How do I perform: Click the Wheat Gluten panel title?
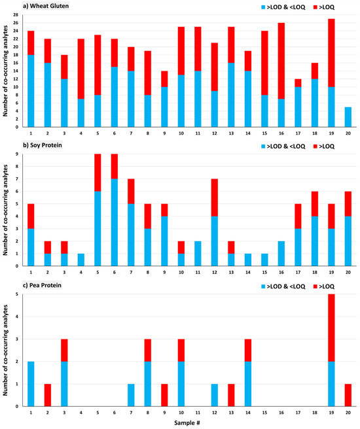46,6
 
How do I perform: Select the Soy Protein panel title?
43,145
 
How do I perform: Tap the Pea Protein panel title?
42,285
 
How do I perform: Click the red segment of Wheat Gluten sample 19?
331,53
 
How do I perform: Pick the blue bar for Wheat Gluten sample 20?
348,117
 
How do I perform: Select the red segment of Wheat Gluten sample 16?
281,61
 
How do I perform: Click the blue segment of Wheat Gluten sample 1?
31,91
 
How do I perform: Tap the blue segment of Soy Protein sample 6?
115,222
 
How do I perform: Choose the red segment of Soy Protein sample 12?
214,197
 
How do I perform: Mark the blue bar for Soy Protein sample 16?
281,254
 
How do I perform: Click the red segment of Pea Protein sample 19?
331,328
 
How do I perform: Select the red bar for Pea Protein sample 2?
48,395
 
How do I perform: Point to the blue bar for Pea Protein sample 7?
131,395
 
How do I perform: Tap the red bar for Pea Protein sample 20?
348,395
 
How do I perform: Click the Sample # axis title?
187,422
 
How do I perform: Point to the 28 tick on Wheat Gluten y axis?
16,15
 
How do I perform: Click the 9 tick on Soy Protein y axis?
17,154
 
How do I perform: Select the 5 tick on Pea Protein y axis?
17,294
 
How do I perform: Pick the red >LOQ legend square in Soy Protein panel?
315,146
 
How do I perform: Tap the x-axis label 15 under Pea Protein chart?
264,413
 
